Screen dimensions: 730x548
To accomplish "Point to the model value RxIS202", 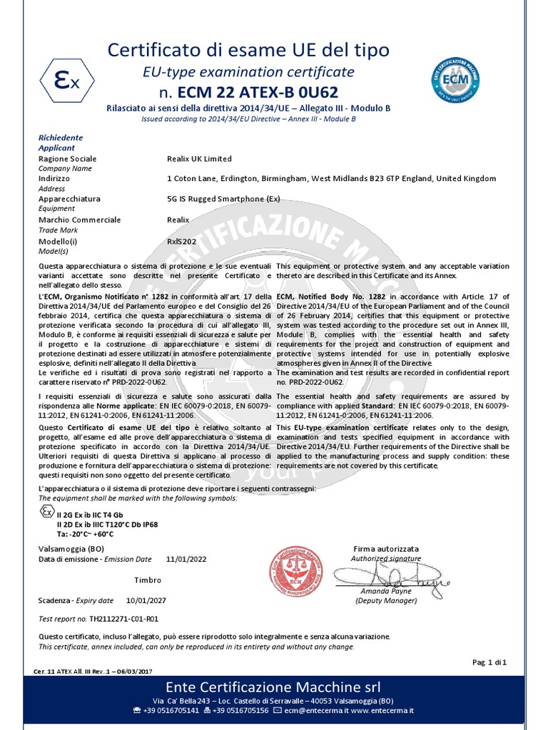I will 181,241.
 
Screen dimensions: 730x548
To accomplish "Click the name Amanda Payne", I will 385,592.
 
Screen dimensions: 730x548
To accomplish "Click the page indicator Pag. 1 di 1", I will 489,662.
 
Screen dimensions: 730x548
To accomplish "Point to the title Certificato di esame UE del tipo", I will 248,50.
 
